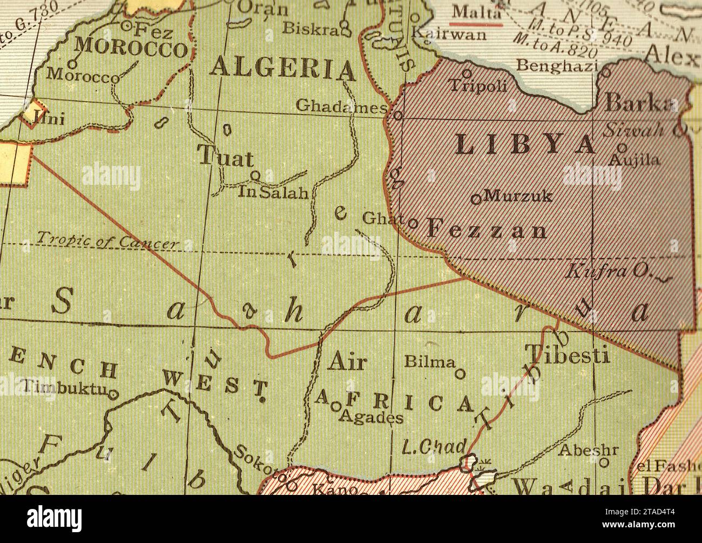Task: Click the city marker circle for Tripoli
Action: (x=467, y=73)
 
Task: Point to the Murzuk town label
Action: (x=518, y=196)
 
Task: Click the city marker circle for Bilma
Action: (x=460, y=373)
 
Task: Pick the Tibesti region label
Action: (x=568, y=355)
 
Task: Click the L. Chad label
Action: (x=434, y=446)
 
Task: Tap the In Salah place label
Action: (x=273, y=192)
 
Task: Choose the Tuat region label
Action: (x=226, y=157)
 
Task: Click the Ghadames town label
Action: (x=341, y=106)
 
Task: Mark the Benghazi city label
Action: (x=557, y=65)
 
